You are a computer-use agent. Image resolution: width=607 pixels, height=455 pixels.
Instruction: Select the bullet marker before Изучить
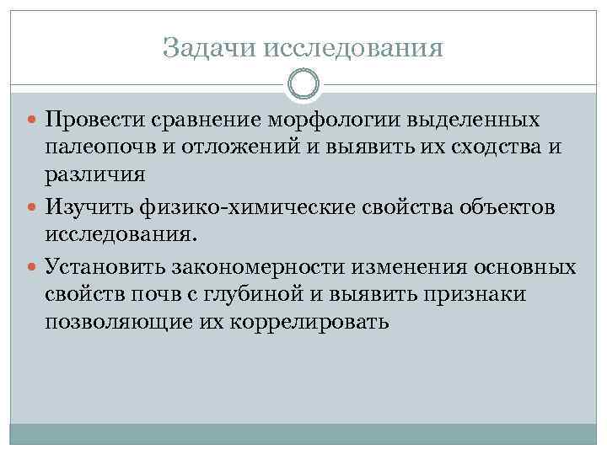pos(34,206)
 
